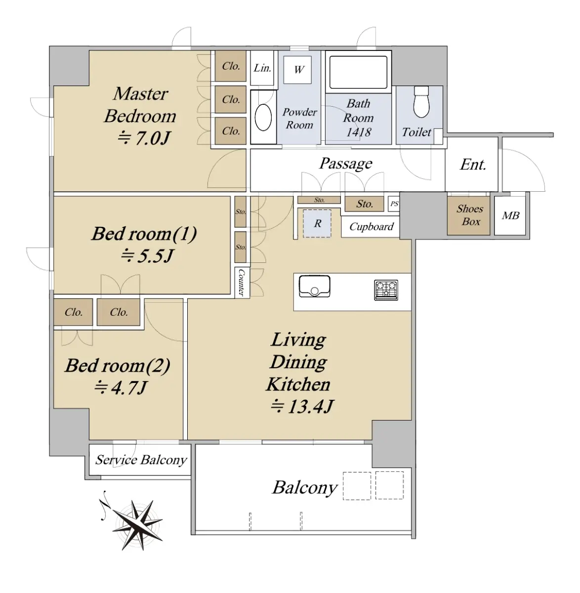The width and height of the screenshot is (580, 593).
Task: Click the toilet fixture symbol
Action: point(421,102)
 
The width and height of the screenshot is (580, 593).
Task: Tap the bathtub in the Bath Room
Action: point(359,72)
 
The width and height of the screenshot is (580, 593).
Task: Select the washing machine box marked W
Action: point(297,70)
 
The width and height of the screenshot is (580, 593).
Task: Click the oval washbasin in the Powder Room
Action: point(263,118)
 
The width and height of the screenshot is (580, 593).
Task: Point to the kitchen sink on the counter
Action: point(314,286)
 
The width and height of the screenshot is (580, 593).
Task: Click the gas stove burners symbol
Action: point(386,290)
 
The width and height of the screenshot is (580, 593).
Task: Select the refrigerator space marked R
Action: point(317,224)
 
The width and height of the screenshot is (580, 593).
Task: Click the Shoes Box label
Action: point(470,215)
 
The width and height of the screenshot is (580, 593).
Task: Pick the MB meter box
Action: point(510,216)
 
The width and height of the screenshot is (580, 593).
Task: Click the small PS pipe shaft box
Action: point(394,204)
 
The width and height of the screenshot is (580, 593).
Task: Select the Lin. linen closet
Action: point(262,68)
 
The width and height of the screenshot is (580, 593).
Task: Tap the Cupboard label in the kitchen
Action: point(372,227)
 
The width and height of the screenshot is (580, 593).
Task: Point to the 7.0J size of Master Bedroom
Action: point(144,138)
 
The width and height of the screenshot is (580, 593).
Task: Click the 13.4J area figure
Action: point(302,406)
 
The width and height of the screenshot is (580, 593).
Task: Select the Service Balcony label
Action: point(141,460)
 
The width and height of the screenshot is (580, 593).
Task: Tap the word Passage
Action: point(346,164)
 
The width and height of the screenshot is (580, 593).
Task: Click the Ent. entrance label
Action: point(473,165)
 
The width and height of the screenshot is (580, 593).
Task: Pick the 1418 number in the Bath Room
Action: point(359,132)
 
